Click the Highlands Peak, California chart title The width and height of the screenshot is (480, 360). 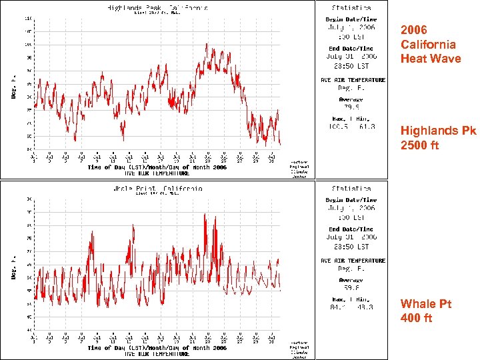[157, 7]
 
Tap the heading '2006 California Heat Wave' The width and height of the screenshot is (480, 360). [429, 45]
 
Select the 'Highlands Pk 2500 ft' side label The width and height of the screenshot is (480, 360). [438, 138]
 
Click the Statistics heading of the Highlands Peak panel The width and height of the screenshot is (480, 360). [351, 7]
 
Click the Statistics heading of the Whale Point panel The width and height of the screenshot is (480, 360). [351, 189]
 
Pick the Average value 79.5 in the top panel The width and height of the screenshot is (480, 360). [351, 106]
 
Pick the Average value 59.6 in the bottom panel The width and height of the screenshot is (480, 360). [351, 287]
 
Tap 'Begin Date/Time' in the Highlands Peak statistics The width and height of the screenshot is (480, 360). [351, 20]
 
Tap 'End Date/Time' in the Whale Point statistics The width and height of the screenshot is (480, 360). [351, 229]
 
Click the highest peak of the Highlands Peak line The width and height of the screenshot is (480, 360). [207, 45]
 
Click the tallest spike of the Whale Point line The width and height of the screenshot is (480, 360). [216, 215]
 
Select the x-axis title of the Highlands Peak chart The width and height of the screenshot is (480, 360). [157, 167]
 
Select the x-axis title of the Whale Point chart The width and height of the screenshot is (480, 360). [157, 348]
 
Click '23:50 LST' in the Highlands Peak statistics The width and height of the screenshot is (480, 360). [351, 65]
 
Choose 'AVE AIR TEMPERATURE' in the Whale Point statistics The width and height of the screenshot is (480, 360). [353, 261]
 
